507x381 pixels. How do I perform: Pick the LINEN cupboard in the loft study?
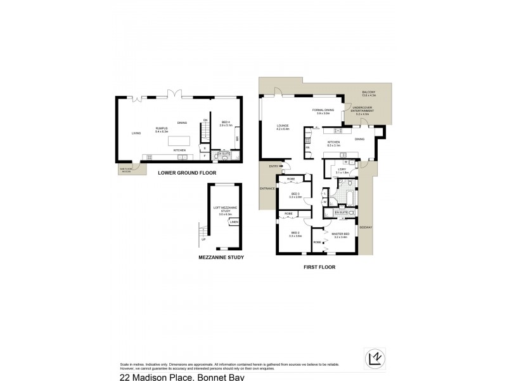pos(234,222)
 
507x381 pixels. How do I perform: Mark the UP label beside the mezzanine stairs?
pos(203,239)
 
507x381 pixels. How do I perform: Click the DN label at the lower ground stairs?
pos(205,120)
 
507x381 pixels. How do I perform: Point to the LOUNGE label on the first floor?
pos(283,127)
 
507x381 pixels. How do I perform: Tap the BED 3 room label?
pos(295,195)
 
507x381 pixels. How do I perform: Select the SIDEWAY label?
pos(366,226)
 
